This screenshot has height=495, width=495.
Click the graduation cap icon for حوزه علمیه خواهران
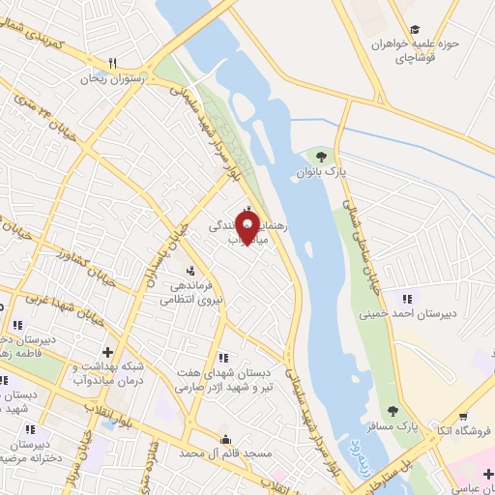[x=415, y=30]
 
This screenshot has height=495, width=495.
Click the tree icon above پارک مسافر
[x=393, y=413]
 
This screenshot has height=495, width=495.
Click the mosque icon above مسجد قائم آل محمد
[x=226, y=437]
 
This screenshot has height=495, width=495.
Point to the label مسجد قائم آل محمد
[x=219, y=452]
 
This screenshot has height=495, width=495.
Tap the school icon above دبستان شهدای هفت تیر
[x=223, y=357]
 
